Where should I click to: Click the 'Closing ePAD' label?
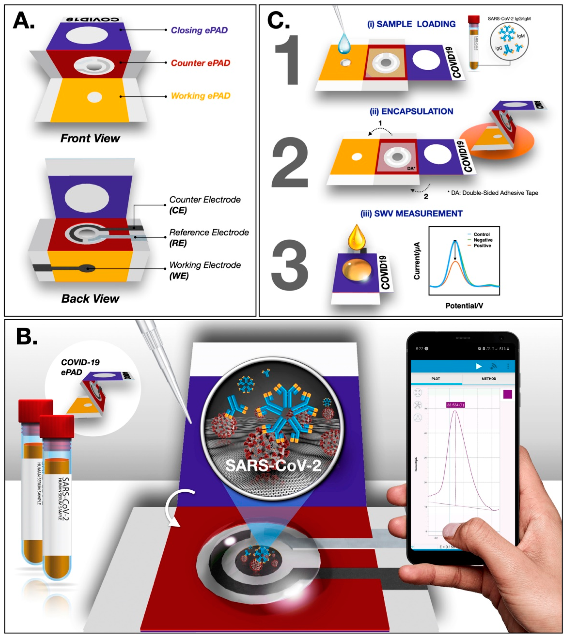(x=199, y=30)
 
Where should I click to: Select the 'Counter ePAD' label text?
(x=200, y=63)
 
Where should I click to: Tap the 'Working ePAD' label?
(x=200, y=96)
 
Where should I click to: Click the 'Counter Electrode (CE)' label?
(x=205, y=205)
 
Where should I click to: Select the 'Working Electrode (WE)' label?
(x=205, y=270)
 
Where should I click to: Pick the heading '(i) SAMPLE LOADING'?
(x=411, y=24)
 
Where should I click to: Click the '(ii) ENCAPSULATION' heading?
(x=411, y=112)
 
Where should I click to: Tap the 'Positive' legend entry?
(x=482, y=246)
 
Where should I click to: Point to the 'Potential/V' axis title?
(x=464, y=306)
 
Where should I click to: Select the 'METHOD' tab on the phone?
(x=488, y=379)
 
